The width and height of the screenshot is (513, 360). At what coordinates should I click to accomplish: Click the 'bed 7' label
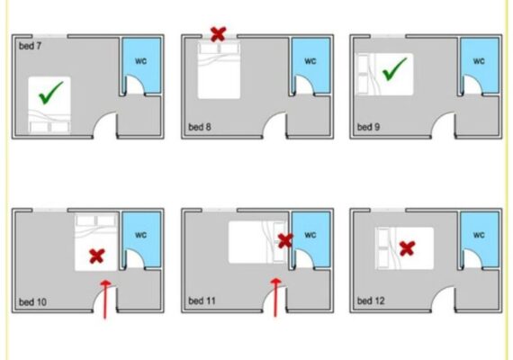(30, 46)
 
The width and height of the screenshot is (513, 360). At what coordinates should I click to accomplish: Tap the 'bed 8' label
(200, 127)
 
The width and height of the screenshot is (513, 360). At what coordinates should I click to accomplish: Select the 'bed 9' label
(368, 127)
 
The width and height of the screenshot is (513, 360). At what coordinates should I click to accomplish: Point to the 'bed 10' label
(32, 301)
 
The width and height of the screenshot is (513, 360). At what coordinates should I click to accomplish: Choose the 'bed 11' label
(202, 301)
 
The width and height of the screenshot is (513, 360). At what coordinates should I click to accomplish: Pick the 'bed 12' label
(371, 301)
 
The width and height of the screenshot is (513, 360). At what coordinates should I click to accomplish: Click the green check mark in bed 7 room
(50, 94)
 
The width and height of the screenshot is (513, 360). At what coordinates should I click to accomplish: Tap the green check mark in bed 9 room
(394, 69)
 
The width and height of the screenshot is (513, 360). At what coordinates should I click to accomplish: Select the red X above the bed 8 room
(218, 34)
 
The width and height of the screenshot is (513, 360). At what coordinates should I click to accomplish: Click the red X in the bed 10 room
(97, 256)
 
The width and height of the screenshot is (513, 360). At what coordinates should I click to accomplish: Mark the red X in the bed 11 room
(285, 241)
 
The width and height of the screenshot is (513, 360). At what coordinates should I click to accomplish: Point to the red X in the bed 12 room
(408, 248)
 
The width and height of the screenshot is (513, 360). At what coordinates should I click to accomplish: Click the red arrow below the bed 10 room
(105, 299)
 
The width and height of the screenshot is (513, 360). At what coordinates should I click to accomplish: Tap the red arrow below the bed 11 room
(275, 298)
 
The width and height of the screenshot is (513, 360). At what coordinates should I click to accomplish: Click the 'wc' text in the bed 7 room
(141, 61)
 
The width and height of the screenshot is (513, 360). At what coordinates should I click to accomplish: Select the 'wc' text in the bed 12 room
(479, 235)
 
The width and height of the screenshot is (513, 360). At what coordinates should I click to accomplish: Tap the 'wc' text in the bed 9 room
(479, 61)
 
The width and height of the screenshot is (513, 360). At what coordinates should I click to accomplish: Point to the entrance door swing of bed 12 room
(439, 292)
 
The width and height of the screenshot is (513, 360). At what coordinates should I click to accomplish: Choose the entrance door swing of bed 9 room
(439, 118)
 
